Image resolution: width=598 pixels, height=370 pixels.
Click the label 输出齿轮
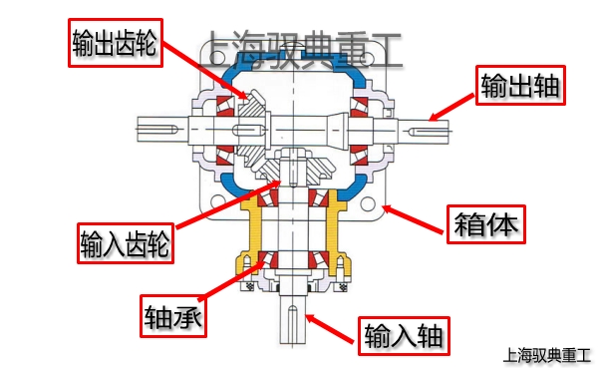[116, 42]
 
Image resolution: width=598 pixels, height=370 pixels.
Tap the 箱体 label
[487, 225]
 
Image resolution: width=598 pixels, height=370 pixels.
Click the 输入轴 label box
[405, 333]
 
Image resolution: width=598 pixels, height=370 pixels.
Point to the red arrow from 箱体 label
[414, 218]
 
